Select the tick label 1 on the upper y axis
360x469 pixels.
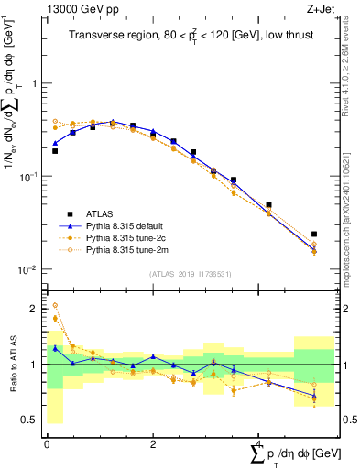(x=35, y=83)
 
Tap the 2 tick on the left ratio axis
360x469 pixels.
(x=36, y=309)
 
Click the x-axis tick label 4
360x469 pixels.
(x=258, y=444)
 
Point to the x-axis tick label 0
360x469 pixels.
(x=47, y=444)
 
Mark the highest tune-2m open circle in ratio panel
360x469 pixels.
(x=55, y=305)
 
